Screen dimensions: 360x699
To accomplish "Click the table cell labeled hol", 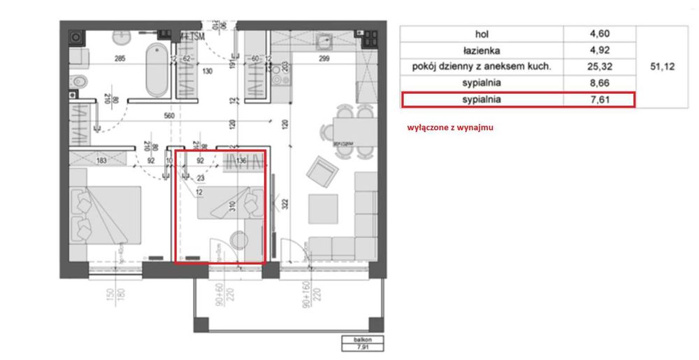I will [482, 34].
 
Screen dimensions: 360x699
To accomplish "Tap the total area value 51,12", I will [661, 66].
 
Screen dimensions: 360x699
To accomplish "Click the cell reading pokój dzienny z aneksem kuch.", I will [482, 66].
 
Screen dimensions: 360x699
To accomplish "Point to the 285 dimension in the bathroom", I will [120, 59].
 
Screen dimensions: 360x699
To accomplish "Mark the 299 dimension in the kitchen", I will [324, 59].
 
